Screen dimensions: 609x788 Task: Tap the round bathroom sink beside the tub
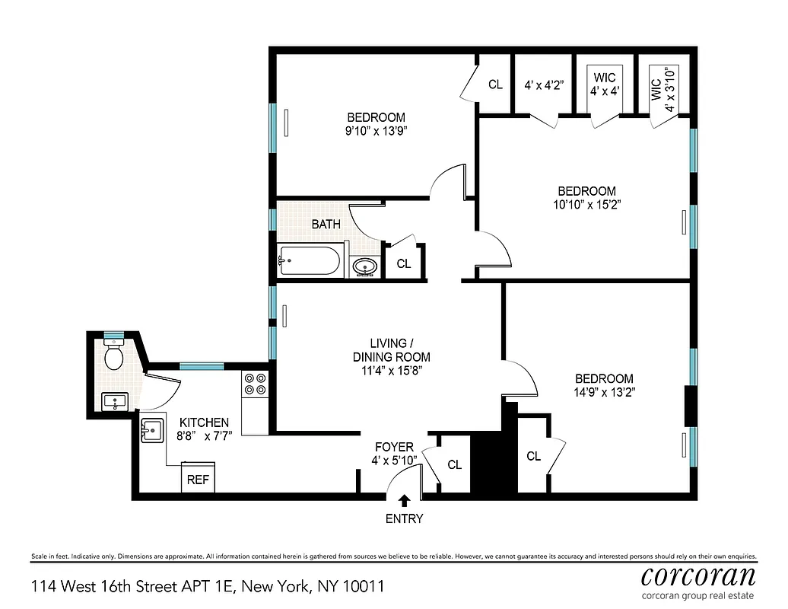click(x=364, y=267)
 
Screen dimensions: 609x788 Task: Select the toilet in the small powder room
click(x=114, y=355)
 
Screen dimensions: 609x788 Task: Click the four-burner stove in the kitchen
click(x=255, y=384)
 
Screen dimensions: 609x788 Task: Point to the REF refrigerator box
click(x=198, y=480)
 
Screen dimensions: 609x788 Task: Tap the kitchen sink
click(x=151, y=432)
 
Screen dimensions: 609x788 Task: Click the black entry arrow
click(x=404, y=500)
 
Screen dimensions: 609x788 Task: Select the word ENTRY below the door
click(x=404, y=519)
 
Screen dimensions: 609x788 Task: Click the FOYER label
click(x=394, y=447)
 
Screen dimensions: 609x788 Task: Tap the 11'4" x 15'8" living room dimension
click(x=391, y=371)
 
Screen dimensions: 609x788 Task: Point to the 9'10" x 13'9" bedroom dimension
click(x=376, y=131)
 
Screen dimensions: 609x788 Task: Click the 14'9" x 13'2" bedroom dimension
click(x=604, y=392)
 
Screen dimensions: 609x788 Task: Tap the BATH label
click(x=326, y=225)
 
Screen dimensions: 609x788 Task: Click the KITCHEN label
click(x=203, y=422)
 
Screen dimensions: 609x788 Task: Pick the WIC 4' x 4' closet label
click(x=605, y=84)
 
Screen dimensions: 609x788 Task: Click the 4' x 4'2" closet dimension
click(x=543, y=85)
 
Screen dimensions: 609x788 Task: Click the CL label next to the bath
click(x=404, y=264)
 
